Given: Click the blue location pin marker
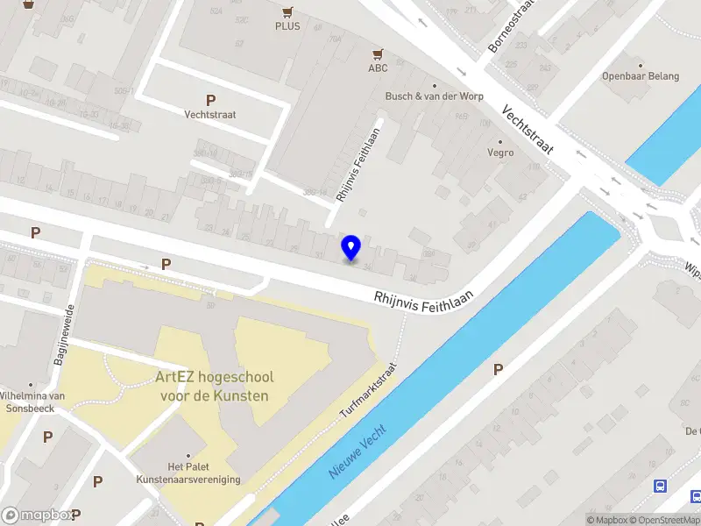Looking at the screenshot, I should (351, 248).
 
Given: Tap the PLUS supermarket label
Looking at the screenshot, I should (287, 26).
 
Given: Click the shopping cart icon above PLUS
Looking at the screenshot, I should (287, 12).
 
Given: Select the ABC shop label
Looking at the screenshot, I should (378, 68).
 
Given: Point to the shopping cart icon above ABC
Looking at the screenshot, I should (378, 54).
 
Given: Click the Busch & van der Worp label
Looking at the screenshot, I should (434, 96).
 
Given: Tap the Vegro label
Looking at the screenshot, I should (500, 153).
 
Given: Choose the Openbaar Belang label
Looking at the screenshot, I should (641, 76).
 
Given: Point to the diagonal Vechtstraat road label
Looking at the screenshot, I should (528, 131).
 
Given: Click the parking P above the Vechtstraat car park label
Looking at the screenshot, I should (210, 100).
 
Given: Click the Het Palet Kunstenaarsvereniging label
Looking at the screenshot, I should (188, 473).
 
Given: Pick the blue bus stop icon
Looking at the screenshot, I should (660, 486).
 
